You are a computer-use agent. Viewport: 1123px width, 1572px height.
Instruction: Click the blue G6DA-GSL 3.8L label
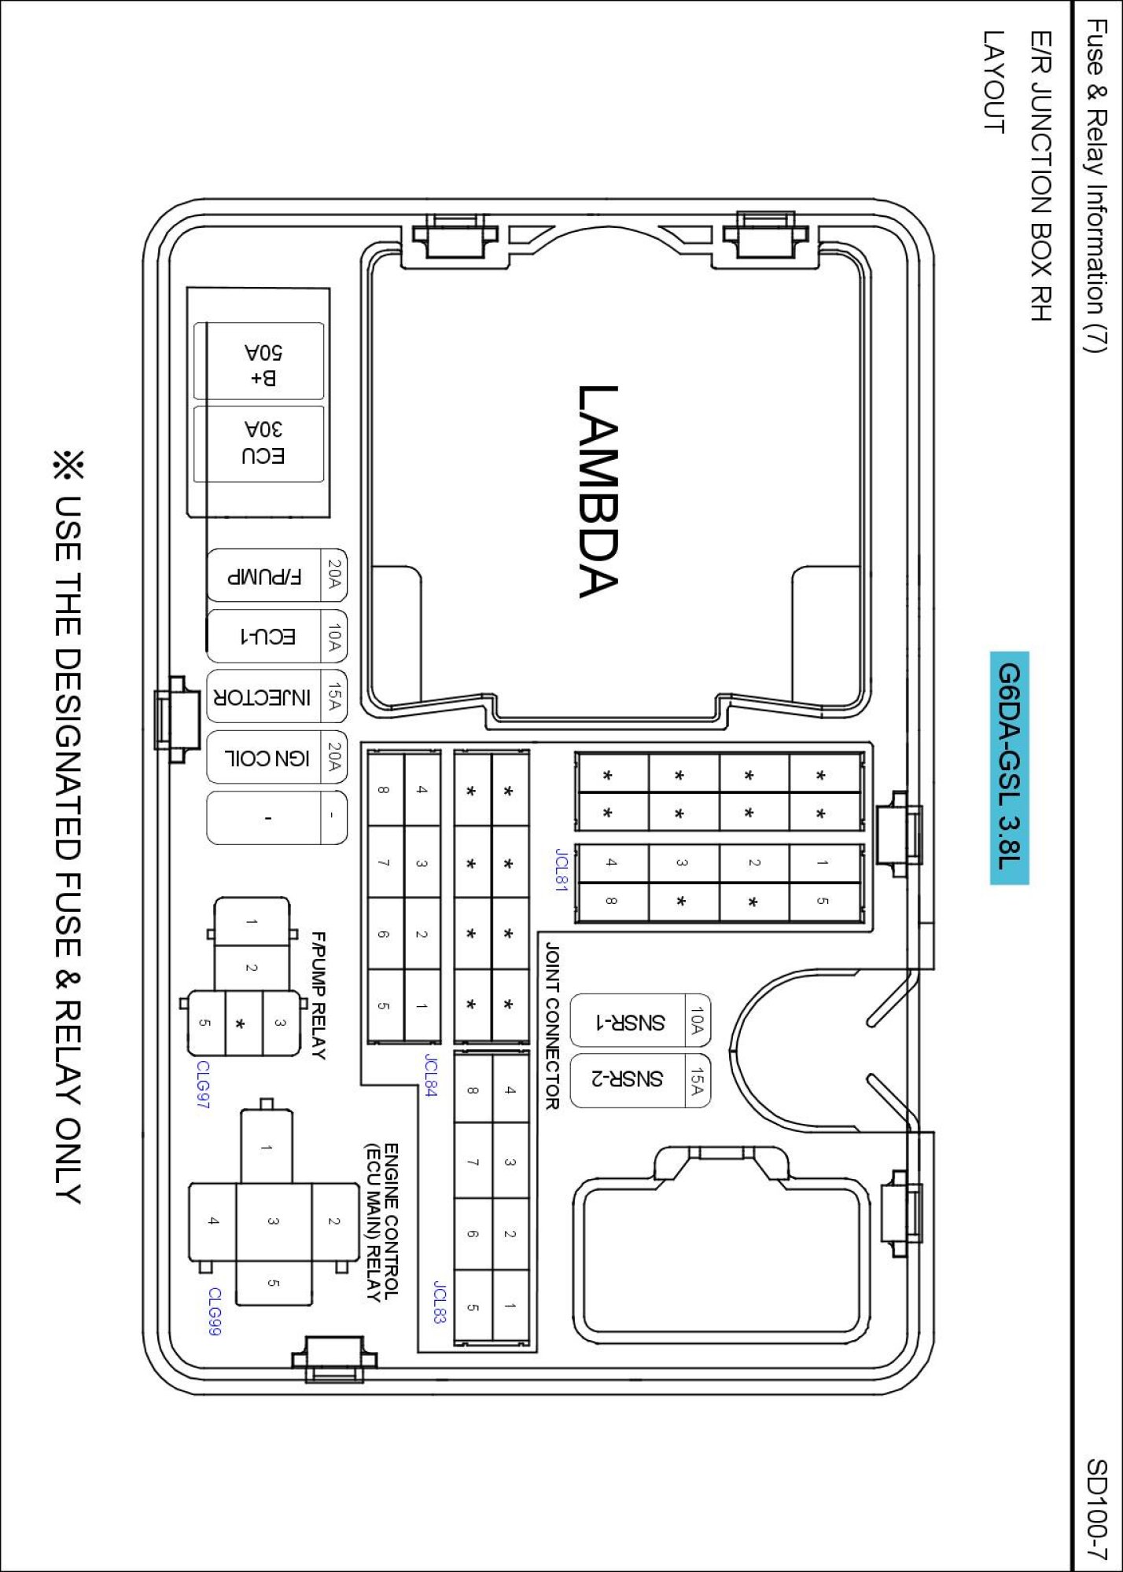click(1009, 767)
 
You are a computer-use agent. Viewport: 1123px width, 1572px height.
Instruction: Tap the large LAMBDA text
click(598, 491)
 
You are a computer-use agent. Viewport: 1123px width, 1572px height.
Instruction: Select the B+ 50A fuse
click(259, 361)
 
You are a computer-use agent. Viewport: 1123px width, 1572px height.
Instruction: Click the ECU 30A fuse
click(259, 443)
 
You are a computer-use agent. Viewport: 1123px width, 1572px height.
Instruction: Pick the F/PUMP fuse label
click(264, 577)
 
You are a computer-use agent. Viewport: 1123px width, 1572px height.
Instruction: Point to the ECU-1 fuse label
click(267, 636)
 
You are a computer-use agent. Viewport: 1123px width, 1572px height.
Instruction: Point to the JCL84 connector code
click(430, 1075)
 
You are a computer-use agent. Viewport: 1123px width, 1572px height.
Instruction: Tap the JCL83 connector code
click(440, 1302)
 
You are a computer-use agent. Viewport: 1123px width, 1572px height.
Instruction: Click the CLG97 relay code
click(203, 1085)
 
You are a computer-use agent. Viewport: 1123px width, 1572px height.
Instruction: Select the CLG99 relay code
click(215, 1311)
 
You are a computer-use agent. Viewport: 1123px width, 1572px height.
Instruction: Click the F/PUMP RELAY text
click(318, 996)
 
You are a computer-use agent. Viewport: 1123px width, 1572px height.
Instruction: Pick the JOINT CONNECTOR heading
click(552, 1026)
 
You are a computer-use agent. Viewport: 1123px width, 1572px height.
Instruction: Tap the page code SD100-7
click(1096, 1509)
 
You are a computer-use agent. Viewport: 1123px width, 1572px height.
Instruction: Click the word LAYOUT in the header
click(993, 82)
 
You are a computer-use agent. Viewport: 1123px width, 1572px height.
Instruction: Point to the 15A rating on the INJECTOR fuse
click(334, 696)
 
